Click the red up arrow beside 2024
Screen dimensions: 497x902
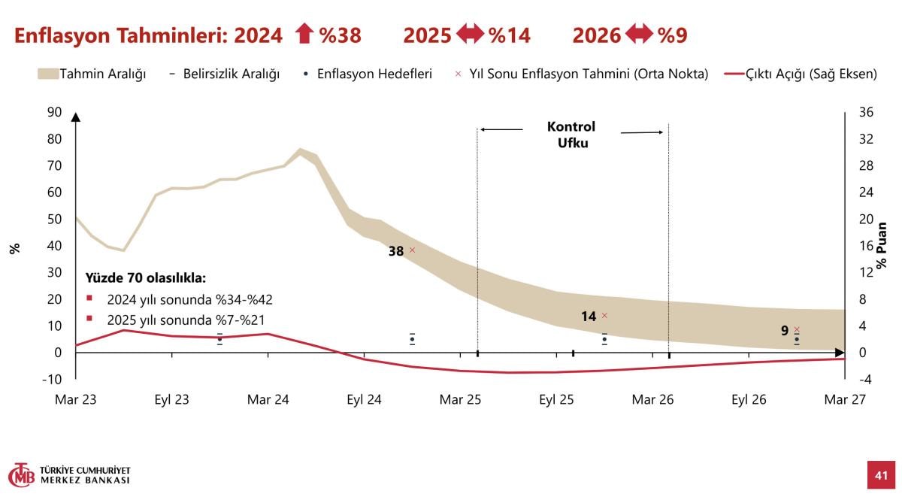(x=303, y=35)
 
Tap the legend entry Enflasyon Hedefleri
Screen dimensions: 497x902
(x=368, y=74)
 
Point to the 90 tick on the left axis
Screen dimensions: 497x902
(x=54, y=112)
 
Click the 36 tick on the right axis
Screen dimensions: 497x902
(x=865, y=112)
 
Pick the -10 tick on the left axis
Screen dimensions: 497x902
(x=52, y=379)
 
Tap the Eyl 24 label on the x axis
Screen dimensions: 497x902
(x=365, y=400)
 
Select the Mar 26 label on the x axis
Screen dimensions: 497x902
(x=652, y=400)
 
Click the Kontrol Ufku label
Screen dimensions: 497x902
(x=571, y=135)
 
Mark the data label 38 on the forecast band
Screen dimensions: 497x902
(x=396, y=251)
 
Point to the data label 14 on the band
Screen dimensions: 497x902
(x=589, y=317)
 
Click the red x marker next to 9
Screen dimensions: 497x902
(x=797, y=329)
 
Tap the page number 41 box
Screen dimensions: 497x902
(x=881, y=474)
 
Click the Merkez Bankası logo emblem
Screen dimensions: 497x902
(x=22, y=475)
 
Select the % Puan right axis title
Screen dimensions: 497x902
(x=882, y=245)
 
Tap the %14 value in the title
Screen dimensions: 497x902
(x=510, y=35)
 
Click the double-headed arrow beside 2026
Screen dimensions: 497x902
(x=640, y=35)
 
